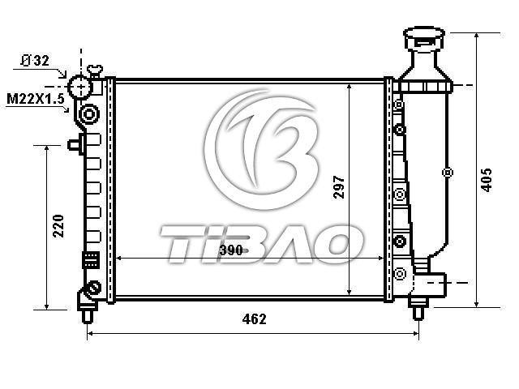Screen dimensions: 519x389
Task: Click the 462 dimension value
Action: click(x=254, y=319)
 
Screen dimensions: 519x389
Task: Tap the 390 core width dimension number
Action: click(x=231, y=250)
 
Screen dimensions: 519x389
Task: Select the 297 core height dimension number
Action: click(x=339, y=187)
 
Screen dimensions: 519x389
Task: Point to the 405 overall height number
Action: click(x=487, y=180)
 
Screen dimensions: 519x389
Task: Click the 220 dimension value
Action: click(x=58, y=226)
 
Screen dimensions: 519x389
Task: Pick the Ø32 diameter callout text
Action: click(x=35, y=61)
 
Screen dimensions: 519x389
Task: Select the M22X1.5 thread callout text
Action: click(x=36, y=99)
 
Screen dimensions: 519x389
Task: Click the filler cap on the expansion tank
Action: click(x=424, y=38)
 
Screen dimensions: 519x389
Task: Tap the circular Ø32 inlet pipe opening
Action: click(x=80, y=87)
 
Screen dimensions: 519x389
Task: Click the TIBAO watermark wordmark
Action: click(x=261, y=244)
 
